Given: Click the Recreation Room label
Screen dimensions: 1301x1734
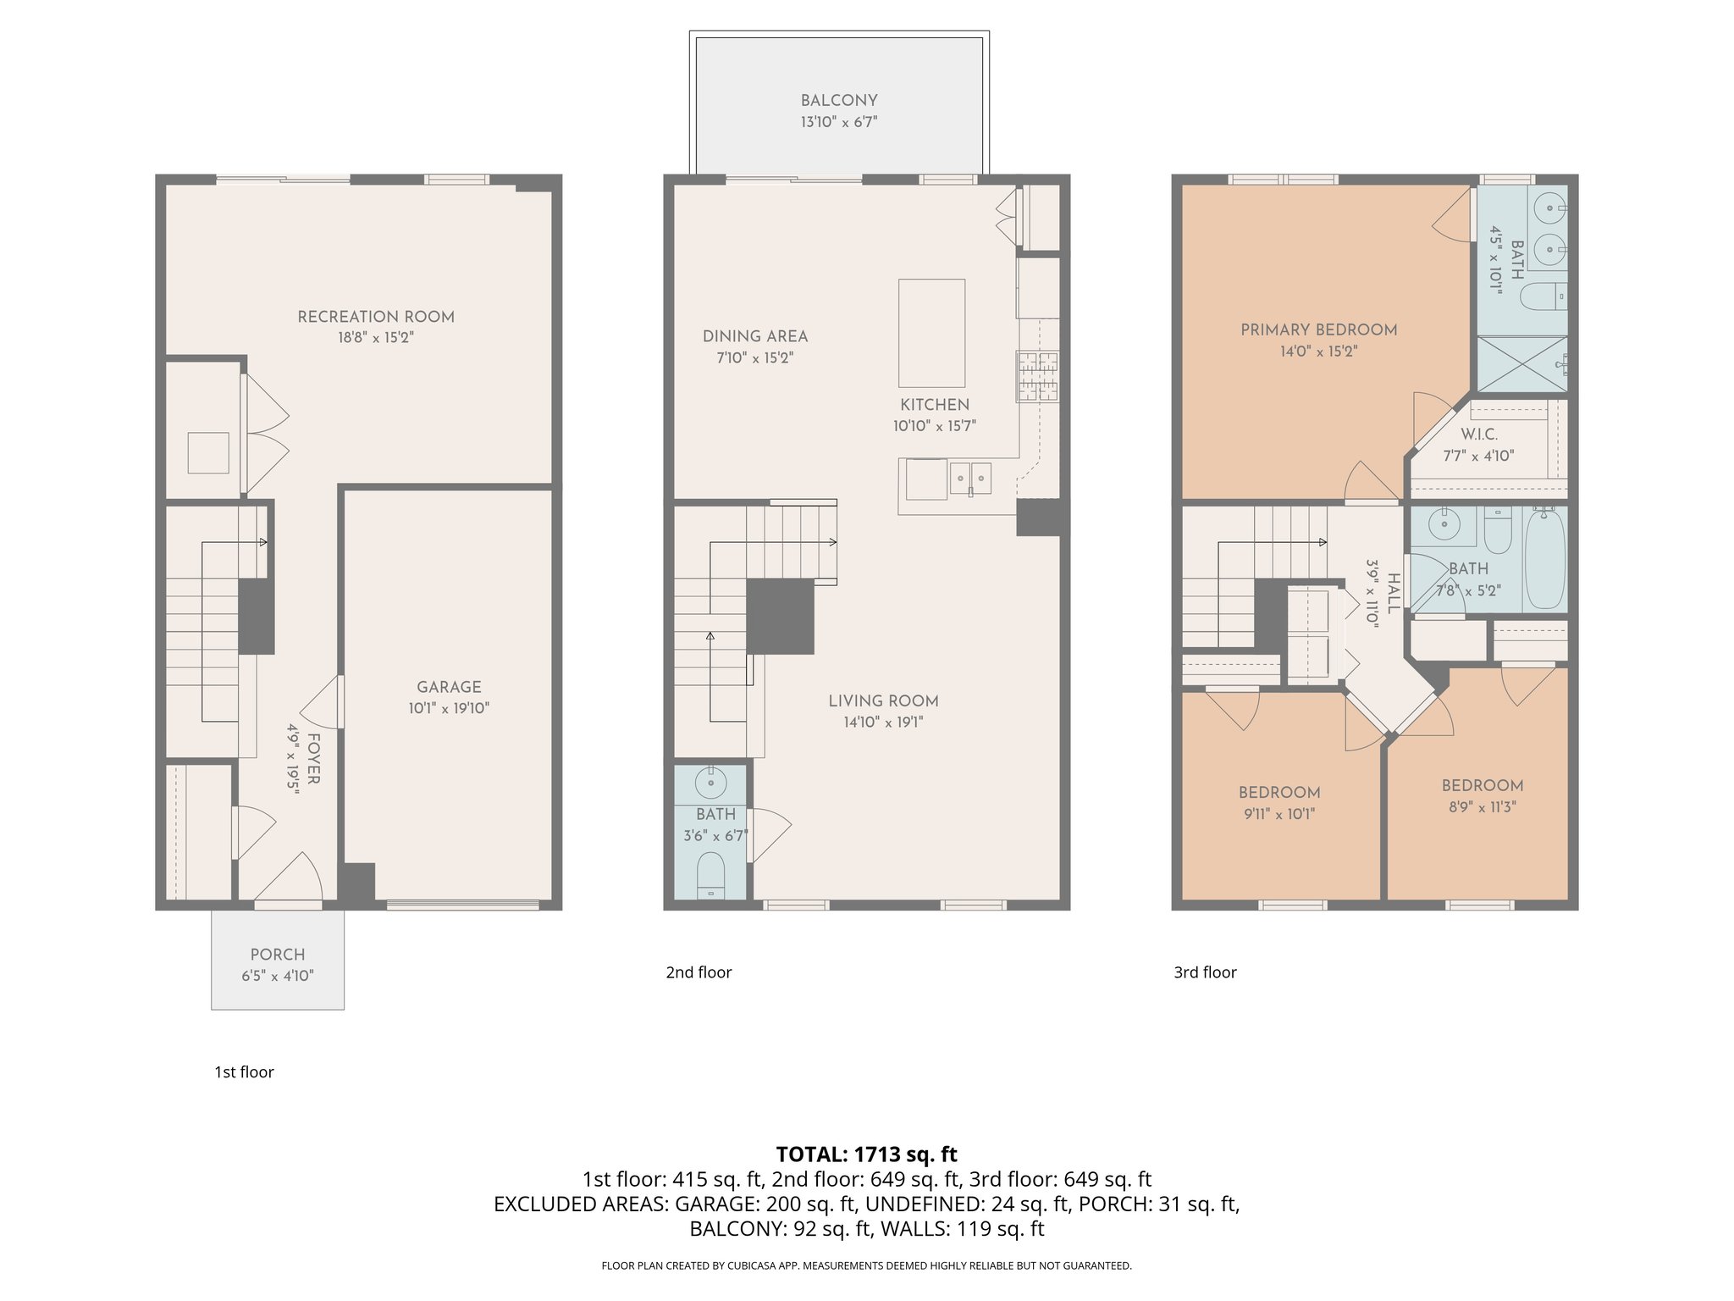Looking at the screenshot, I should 376,317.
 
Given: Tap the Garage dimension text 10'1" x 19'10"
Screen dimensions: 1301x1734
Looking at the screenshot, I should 449,708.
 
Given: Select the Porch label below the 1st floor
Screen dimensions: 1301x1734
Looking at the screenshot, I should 278,955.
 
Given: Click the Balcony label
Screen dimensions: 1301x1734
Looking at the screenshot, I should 839,100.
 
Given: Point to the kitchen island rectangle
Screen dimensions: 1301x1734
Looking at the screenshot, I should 931,333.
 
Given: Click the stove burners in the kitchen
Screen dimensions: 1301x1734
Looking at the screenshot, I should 1038,377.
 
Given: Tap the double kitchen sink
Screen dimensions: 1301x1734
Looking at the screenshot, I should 970,478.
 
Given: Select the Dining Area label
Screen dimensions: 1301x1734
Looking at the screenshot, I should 755,336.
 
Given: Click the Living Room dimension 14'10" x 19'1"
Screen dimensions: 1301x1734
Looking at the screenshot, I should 883,722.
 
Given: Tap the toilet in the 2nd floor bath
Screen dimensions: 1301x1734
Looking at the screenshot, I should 711,874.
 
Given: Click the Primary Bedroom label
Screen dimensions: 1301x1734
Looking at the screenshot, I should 1318,329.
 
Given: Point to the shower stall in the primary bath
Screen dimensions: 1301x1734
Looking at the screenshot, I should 1521,364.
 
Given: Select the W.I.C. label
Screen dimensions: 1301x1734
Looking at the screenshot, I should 1479,435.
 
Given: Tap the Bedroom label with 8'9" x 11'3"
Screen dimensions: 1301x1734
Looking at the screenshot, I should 1483,785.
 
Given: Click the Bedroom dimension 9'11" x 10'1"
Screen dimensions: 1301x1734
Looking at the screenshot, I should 1278,814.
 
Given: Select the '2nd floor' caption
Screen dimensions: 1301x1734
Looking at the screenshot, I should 699,972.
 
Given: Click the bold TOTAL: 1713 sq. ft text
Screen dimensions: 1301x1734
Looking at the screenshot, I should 866,1154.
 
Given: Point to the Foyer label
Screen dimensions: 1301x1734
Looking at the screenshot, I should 312,759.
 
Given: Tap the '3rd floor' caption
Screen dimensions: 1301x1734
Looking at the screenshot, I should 1205,972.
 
